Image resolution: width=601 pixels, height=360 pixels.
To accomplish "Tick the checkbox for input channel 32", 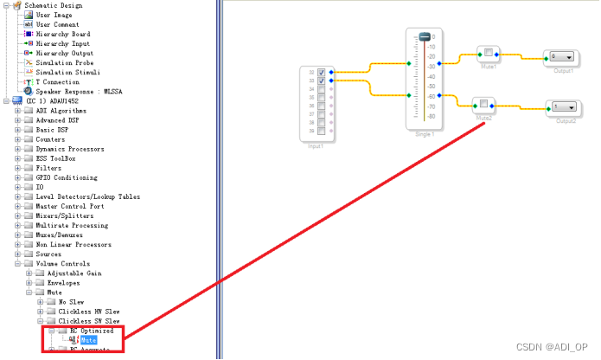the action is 322,72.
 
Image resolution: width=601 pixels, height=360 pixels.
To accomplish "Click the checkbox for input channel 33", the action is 322,80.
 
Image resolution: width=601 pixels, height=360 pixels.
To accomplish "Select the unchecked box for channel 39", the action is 322,132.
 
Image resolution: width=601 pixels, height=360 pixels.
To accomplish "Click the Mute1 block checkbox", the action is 488,53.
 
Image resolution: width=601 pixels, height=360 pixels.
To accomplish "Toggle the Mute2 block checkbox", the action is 483,105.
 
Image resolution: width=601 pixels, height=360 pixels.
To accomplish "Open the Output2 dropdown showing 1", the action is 563,106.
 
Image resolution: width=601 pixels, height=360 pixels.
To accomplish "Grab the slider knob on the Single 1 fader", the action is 425,36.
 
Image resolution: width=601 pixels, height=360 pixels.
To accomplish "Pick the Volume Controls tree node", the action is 60,263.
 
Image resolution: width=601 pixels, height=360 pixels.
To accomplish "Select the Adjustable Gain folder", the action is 73,273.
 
